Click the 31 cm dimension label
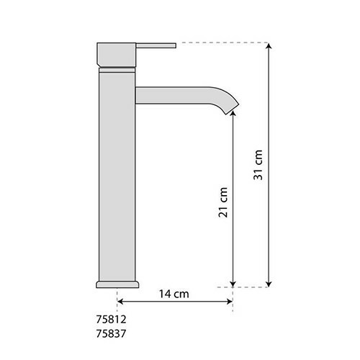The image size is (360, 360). [258, 165]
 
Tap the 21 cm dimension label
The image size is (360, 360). [223, 202]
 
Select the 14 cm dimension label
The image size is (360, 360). [174, 294]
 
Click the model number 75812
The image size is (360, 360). [111, 319]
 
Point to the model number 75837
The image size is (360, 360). [111, 333]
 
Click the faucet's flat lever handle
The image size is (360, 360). [156, 45]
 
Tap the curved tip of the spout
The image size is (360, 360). [231, 106]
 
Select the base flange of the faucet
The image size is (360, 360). [117, 284]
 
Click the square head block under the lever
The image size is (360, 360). [117, 55]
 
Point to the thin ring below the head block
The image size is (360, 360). [117, 70]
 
